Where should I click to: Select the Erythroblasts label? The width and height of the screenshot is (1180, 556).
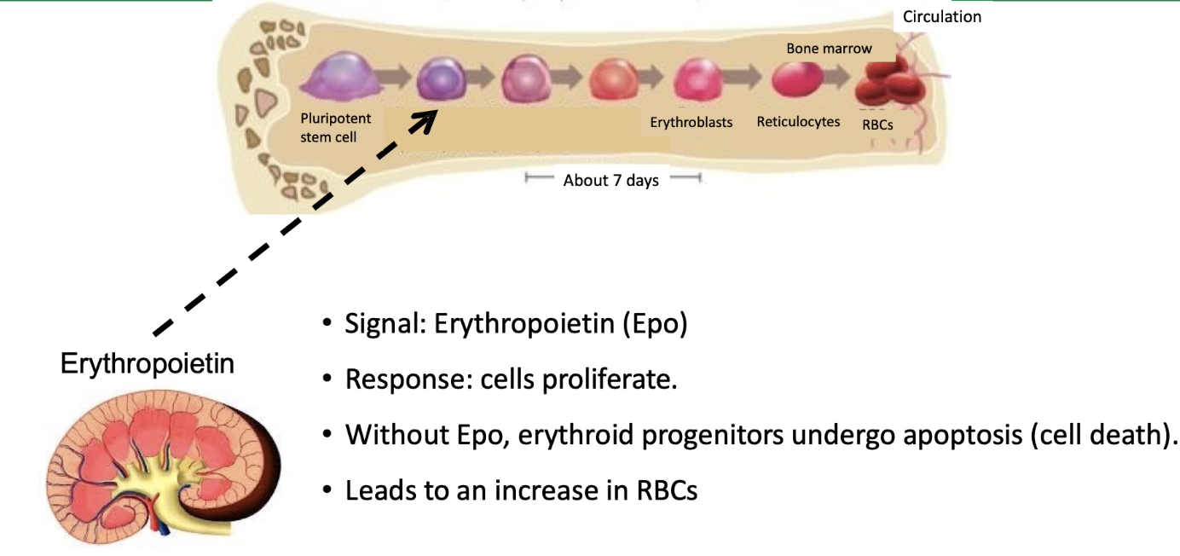pyautogui.click(x=691, y=122)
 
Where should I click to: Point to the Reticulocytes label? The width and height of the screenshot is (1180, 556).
pyautogui.click(x=798, y=122)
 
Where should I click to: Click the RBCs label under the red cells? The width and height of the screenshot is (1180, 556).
pyautogui.click(x=877, y=124)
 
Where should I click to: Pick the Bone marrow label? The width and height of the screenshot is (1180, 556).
pyautogui.click(x=829, y=49)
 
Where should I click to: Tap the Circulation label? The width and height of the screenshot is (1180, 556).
pyautogui.click(x=942, y=16)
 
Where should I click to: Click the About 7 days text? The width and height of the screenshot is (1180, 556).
pyautogui.click(x=610, y=180)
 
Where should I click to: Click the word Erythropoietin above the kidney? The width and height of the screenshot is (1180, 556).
pyautogui.click(x=147, y=364)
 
